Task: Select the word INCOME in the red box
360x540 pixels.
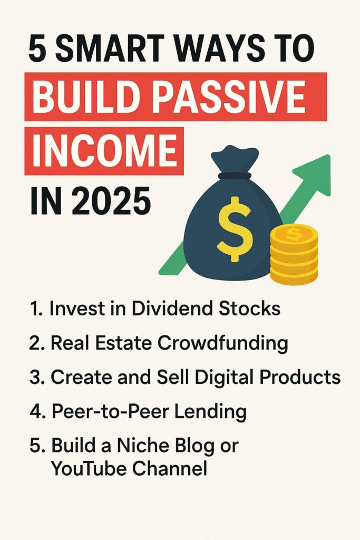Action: (x=105, y=151)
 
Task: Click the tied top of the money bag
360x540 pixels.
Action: (x=235, y=162)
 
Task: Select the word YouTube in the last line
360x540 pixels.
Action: (x=88, y=468)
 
